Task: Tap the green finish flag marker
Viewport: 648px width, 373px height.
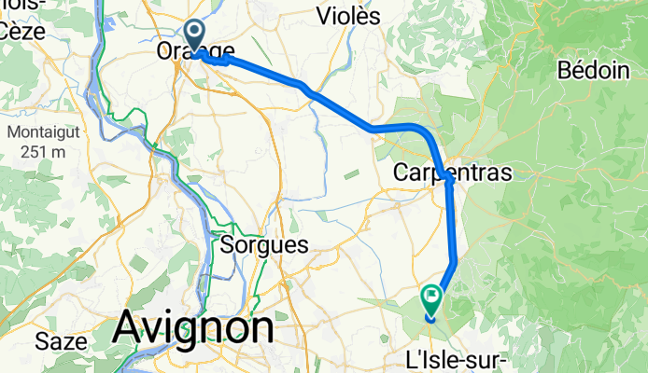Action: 431,300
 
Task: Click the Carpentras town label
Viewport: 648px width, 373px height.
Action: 453,173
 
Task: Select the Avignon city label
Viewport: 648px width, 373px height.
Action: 194,327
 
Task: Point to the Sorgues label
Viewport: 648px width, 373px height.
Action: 266,245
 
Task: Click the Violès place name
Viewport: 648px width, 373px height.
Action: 348,16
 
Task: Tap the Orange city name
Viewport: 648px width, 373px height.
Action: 196,53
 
